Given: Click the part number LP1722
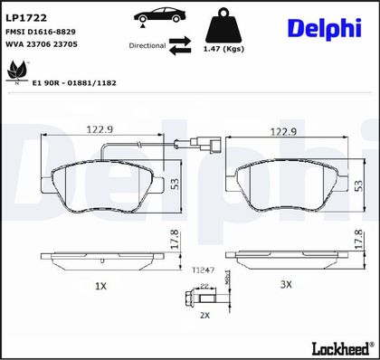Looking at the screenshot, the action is click(26, 18).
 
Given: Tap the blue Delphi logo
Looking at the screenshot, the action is click(325, 28).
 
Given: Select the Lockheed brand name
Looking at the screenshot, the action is click(341, 348).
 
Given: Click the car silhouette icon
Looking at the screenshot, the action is click(160, 16).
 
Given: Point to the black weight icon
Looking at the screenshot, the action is click(223, 25).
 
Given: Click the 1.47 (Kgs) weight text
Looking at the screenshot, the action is click(223, 49).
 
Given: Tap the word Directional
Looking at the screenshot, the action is click(147, 46).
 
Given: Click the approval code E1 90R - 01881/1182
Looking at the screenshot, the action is click(74, 83).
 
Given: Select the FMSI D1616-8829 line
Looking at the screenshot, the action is click(41, 32).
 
